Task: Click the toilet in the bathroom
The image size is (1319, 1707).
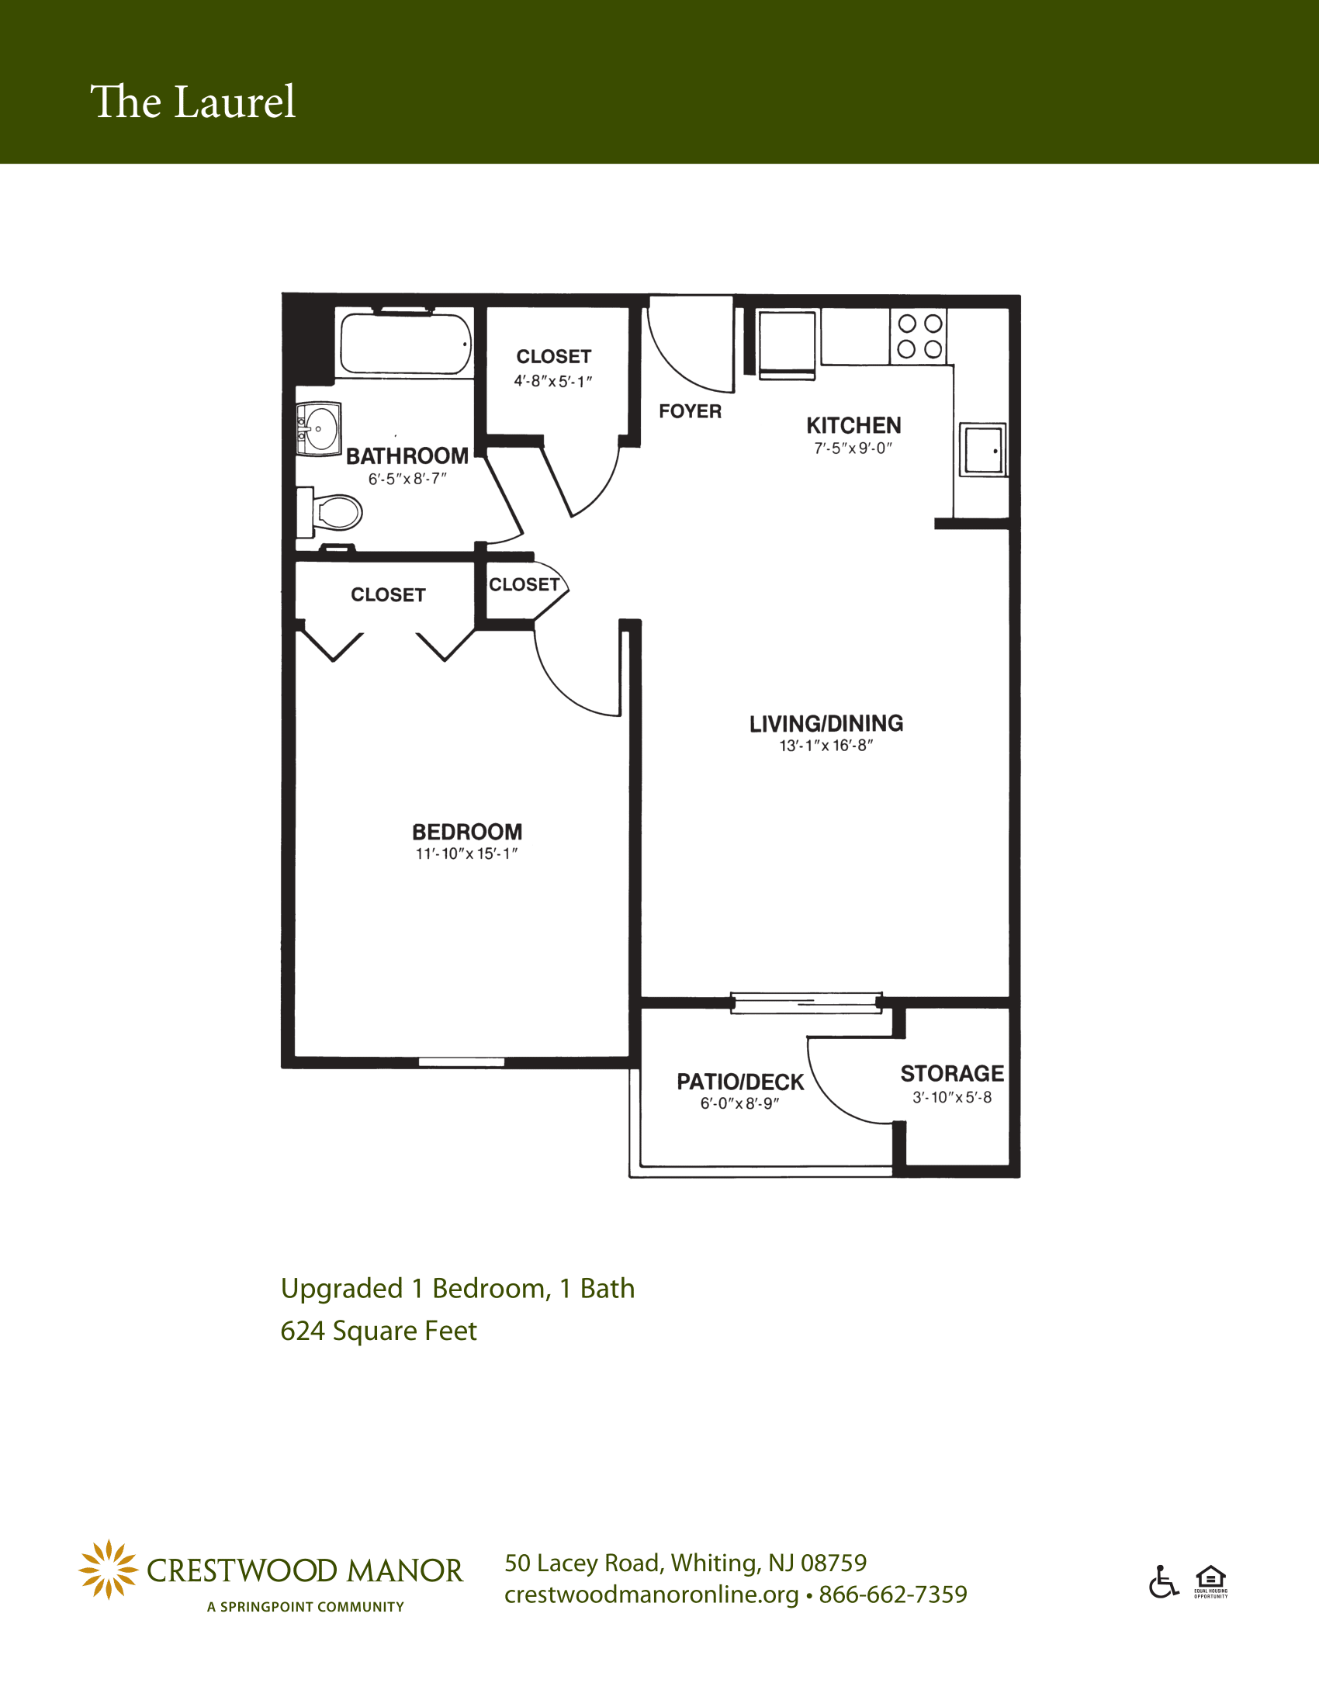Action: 330,513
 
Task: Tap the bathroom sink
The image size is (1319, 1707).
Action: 319,429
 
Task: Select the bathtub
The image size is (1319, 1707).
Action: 405,344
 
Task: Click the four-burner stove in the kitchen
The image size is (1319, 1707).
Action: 919,337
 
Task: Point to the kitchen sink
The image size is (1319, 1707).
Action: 983,449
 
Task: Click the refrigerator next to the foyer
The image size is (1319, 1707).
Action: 787,344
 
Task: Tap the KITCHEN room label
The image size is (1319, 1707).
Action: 853,426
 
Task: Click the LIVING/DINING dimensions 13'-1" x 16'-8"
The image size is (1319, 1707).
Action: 826,746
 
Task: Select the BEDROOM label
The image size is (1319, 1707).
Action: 467,832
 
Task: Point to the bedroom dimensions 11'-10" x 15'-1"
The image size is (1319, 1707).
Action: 466,853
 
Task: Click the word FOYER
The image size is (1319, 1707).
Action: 690,411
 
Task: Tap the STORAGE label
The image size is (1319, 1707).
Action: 952,1073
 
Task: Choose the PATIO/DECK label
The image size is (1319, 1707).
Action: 740,1082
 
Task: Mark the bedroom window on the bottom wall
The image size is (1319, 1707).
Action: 461,1061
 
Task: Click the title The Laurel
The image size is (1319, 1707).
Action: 193,102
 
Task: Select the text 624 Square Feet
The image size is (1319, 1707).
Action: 378,1330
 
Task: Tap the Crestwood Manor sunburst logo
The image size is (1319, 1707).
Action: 109,1570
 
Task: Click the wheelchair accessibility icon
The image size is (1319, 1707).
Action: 1164,1581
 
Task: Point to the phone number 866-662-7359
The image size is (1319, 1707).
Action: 893,1594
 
